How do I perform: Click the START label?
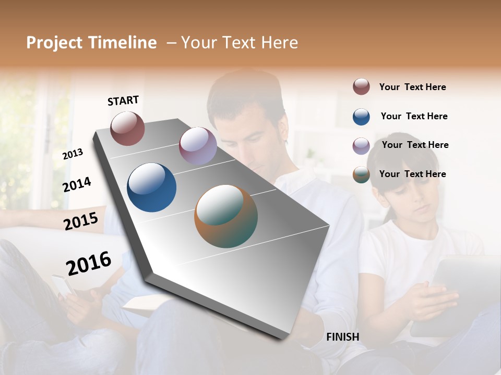(x=123, y=101)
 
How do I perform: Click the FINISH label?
(x=342, y=337)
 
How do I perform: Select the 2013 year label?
(x=73, y=154)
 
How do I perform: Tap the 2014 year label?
(x=77, y=184)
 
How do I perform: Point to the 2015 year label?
(x=80, y=221)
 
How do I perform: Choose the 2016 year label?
(x=89, y=263)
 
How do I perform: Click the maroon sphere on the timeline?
(x=127, y=128)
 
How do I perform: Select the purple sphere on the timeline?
(x=198, y=146)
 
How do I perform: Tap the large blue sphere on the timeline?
(x=151, y=187)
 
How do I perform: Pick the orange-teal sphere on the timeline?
(x=226, y=216)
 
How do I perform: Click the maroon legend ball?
(x=361, y=86)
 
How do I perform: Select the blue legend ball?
(x=361, y=117)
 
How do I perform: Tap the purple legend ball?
(x=361, y=146)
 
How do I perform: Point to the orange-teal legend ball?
(x=361, y=175)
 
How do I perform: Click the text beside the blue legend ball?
(x=414, y=116)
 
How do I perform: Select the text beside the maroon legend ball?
(x=412, y=87)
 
